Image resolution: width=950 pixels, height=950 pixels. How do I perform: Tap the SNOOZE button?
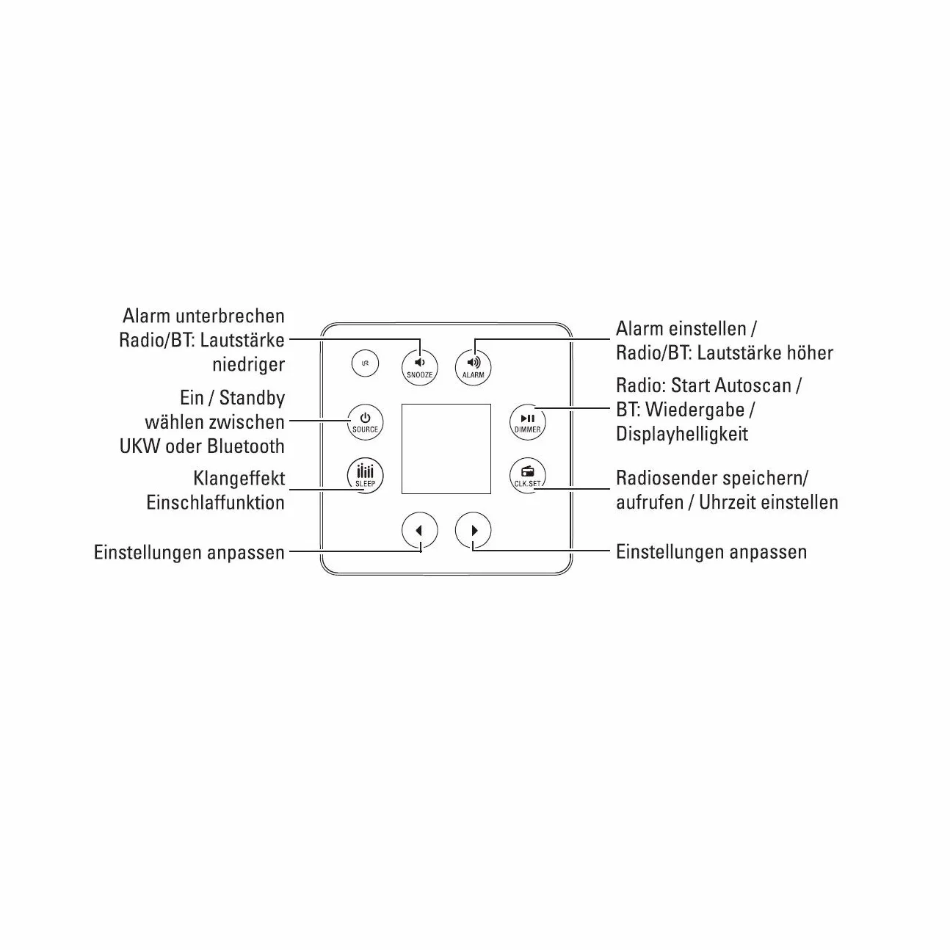click(419, 367)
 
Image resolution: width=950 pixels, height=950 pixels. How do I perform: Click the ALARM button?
click(474, 367)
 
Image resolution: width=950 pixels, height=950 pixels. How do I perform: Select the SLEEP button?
click(365, 476)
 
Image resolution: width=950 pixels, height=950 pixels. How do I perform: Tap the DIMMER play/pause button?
click(528, 422)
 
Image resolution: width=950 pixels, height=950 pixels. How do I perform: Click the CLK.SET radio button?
click(528, 476)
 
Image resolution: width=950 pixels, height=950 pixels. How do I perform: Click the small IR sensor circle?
click(365, 363)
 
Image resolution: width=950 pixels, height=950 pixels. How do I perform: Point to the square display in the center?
click(446, 449)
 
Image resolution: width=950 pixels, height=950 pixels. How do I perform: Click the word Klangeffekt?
click(239, 478)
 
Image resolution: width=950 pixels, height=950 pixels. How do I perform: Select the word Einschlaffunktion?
click(215, 502)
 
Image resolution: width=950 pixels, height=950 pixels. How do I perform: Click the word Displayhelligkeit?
click(682, 434)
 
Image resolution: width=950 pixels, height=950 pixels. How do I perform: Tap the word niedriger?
click(248, 365)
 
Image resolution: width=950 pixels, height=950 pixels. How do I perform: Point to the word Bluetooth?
click(245, 446)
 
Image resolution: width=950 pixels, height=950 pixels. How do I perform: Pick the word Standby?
click(252, 398)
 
